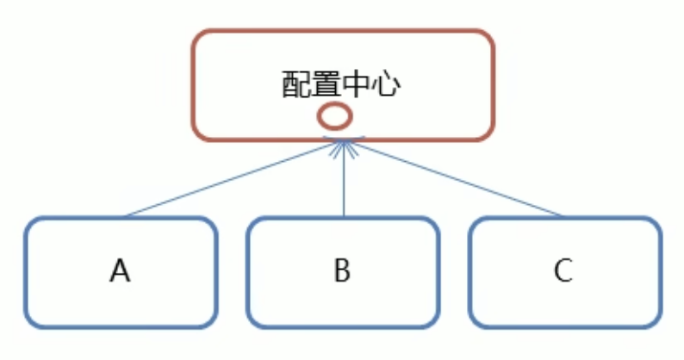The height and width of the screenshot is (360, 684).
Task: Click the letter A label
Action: [120, 271]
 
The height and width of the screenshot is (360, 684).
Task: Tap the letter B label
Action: [342, 271]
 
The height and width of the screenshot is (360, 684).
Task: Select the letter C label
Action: [563, 271]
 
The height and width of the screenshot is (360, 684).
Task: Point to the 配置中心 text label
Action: [342, 84]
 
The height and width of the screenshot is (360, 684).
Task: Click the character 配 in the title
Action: [296, 84]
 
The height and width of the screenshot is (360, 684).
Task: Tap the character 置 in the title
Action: [326, 84]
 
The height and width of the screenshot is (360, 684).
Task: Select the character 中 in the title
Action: [357, 84]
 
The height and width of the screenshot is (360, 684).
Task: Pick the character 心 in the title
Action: [387, 84]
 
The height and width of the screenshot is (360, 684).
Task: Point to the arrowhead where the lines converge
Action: [343, 146]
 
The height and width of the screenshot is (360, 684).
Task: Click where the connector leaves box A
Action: [125, 216]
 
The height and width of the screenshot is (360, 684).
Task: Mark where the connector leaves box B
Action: [343, 216]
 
